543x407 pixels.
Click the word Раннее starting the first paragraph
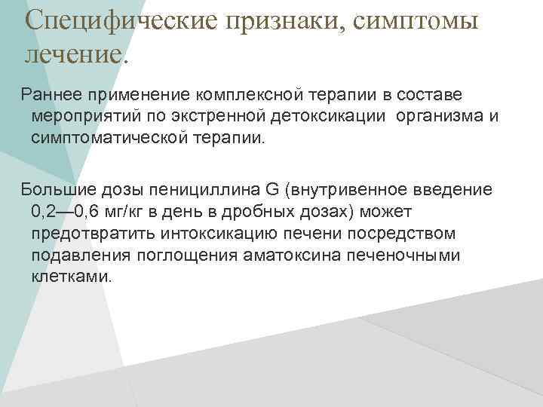54,96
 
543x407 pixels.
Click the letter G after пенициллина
273,189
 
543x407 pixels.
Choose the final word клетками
71,277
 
